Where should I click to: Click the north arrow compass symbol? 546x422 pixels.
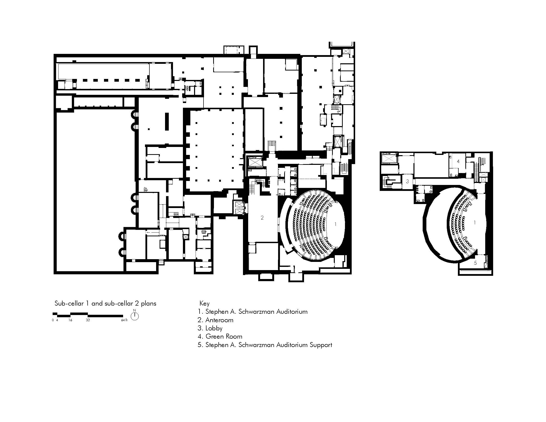(135, 316)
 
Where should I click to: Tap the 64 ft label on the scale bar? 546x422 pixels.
(124, 320)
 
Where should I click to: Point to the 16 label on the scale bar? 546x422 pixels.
(70, 320)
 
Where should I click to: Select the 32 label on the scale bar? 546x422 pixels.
(88, 320)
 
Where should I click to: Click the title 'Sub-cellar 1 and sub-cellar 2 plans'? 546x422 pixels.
(105, 304)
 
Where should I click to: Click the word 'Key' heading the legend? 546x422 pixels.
(204, 304)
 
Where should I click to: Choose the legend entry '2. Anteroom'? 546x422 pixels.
(215, 320)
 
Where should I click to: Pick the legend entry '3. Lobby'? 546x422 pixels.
(210, 328)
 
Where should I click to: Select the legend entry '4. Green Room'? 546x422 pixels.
(220, 337)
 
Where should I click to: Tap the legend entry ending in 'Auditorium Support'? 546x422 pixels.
(265, 345)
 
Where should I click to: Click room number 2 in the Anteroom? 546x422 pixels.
(262, 218)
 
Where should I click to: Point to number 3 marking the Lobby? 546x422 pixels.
(407, 181)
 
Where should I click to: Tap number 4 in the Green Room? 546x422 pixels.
(458, 162)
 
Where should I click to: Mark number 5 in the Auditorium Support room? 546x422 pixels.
(475, 263)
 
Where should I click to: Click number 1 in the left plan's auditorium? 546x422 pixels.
(336, 224)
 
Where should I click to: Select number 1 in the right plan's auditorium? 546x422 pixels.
(475, 222)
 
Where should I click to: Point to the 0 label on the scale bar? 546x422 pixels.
(53, 320)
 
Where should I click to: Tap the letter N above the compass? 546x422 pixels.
(135, 310)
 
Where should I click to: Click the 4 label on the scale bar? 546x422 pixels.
(57, 320)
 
